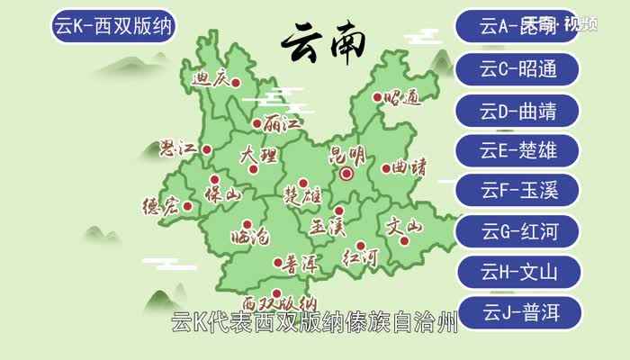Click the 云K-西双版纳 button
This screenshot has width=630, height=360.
point(113,26)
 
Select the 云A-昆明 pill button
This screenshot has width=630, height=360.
point(518,26)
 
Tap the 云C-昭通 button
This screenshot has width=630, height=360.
point(518,68)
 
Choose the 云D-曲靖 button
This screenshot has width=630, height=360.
point(518,111)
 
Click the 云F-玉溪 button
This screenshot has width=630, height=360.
point(518,191)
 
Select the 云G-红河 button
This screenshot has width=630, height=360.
point(518,231)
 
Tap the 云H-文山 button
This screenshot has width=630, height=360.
point(518,272)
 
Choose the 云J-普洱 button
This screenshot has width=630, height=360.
point(518,313)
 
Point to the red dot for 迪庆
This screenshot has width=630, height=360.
point(236,83)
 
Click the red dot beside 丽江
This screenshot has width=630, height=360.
point(257,124)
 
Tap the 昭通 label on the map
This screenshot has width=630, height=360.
point(401,98)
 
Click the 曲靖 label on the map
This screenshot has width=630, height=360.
point(409,167)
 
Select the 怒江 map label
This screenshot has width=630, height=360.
point(177,149)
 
